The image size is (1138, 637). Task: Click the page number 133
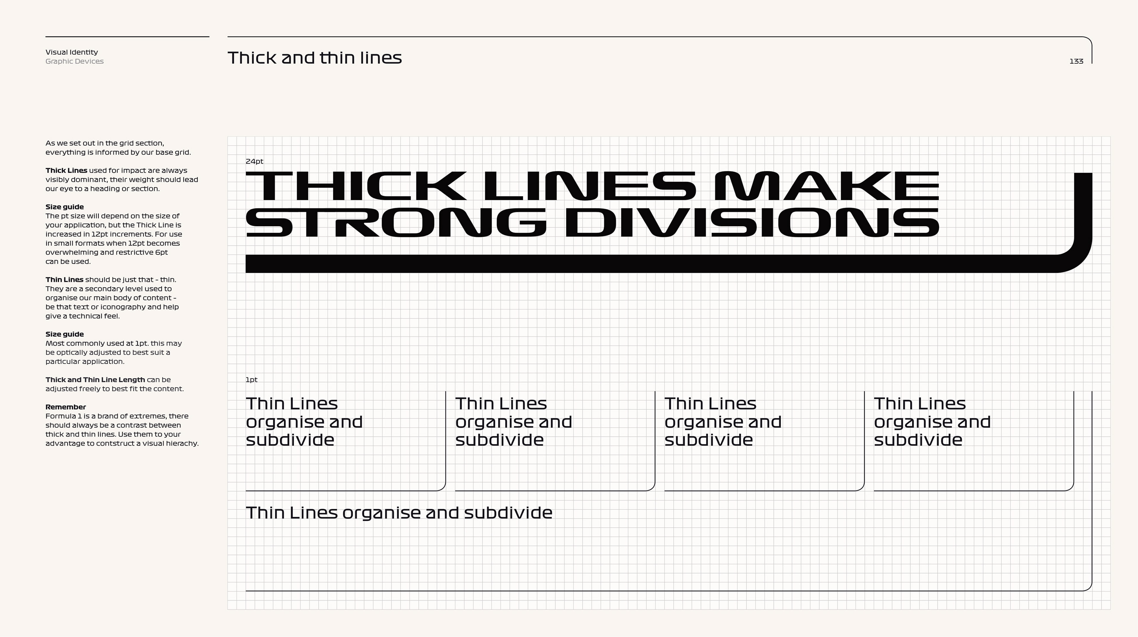point(1076,61)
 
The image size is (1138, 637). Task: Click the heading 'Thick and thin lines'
point(314,58)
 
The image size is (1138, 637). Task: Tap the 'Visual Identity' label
point(71,52)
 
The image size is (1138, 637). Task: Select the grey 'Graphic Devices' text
point(74,61)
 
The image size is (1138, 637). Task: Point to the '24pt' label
point(254,162)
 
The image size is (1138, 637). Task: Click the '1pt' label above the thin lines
point(251,380)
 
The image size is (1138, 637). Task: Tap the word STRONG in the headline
point(395,223)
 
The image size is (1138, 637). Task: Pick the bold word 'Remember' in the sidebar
point(65,407)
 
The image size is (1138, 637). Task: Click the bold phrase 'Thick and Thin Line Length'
point(95,380)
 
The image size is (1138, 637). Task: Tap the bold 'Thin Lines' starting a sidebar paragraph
point(64,280)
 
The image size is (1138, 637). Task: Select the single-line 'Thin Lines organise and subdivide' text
point(399,513)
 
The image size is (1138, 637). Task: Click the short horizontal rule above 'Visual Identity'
point(127,37)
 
